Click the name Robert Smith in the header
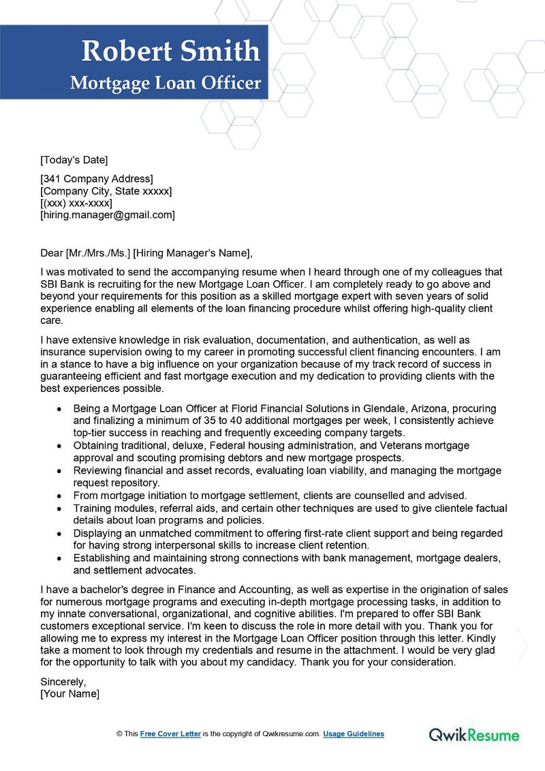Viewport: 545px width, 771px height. (x=170, y=51)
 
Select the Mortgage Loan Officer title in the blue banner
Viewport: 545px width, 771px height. (x=166, y=83)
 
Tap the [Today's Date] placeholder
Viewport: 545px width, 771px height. (x=74, y=160)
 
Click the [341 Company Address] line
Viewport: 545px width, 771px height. (x=97, y=179)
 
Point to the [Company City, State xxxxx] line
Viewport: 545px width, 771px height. (x=106, y=191)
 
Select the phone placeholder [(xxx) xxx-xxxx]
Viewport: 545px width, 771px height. (x=76, y=203)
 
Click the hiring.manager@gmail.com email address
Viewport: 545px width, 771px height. (x=108, y=215)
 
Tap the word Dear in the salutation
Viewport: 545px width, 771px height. (x=52, y=253)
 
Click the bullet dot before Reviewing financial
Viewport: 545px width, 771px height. (x=60, y=471)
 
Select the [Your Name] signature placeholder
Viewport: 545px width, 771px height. (x=69, y=693)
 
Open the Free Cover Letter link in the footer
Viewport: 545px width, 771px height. (x=170, y=734)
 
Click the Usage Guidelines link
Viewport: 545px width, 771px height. (x=354, y=734)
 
